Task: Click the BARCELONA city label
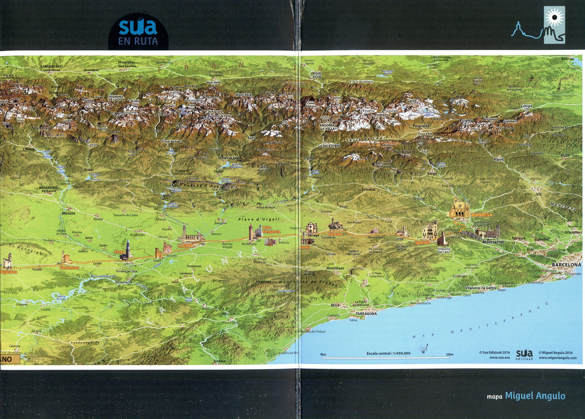566,265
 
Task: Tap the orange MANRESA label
481,215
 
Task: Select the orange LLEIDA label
185,246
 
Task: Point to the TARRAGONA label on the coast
366,314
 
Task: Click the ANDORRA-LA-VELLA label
327,127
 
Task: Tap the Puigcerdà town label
421,126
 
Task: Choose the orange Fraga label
120,252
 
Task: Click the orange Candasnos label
69,268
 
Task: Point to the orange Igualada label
422,243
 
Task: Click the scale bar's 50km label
450,354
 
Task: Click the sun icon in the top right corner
554,17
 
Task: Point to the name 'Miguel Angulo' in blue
535,396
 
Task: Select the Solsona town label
368,189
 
